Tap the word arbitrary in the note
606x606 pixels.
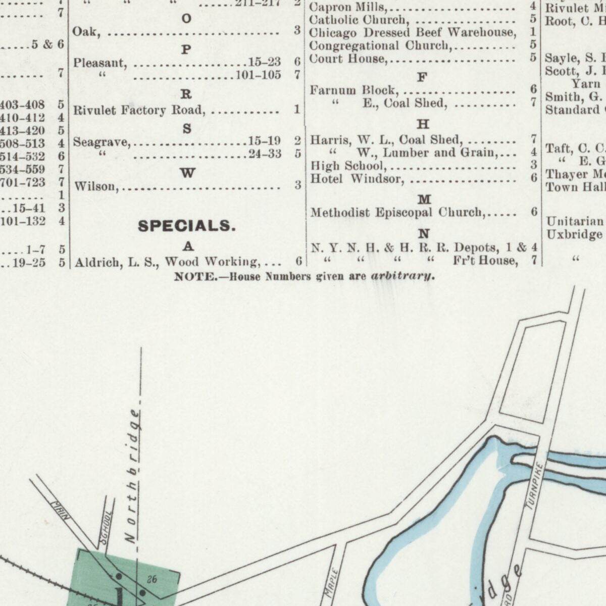tap(402, 276)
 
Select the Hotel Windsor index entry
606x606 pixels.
tap(357, 179)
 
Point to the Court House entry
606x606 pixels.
tap(347, 59)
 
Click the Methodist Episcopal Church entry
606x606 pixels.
tap(397, 213)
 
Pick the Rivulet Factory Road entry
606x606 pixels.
tap(139, 110)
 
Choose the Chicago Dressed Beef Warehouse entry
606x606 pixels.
tap(412, 33)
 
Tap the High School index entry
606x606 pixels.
tap(348, 166)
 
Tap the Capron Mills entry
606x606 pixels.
tap(347, 8)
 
